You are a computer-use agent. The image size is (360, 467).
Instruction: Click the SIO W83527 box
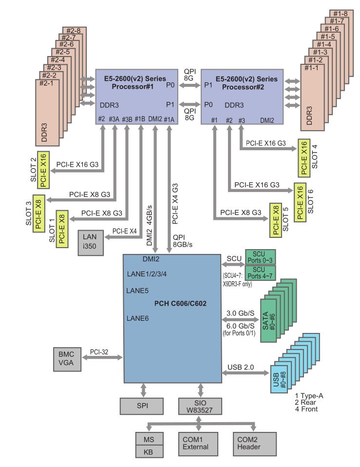coord(200,405)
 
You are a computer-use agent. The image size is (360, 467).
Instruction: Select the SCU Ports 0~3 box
coord(260,256)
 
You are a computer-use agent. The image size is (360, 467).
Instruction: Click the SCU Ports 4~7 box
coord(260,271)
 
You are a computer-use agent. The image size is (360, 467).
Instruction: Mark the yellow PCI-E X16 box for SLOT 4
coord(303,158)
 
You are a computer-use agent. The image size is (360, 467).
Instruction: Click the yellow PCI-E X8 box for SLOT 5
coord(276,219)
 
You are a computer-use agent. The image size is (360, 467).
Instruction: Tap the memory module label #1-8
coord(339,14)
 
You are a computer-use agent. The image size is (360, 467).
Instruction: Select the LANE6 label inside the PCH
coord(137,318)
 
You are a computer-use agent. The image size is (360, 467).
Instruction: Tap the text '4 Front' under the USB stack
coord(306,409)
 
